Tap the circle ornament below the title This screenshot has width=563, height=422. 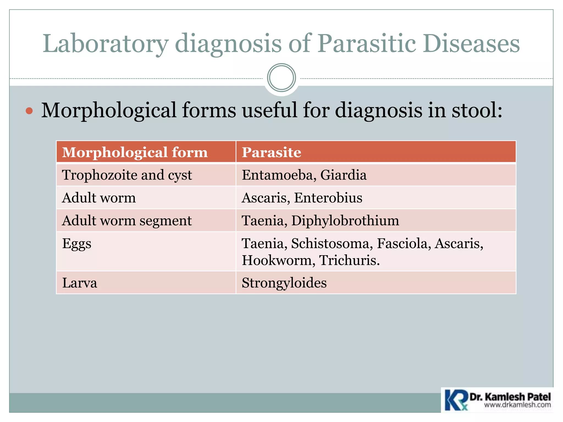(281, 78)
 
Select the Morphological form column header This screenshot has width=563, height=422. (135, 152)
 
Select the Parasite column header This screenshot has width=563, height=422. (271, 152)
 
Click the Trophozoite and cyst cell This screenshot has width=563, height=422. (127, 175)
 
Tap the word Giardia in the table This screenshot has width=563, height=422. (343, 175)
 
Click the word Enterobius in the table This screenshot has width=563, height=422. (328, 198)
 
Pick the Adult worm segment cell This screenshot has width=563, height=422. (127, 221)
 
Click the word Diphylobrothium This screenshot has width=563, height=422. (345, 221)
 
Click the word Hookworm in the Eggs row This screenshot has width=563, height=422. (277, 260)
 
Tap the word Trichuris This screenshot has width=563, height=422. (349, 260)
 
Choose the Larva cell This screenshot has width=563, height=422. (79, 283)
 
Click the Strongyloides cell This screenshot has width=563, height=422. (284, 283)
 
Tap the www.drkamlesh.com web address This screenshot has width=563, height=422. (517, 405)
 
